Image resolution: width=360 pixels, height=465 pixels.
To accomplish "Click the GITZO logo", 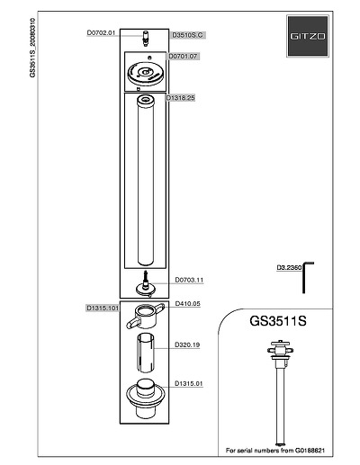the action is click(x=308, y=36).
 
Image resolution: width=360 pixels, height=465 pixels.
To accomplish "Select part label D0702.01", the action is click(x=101, y=33).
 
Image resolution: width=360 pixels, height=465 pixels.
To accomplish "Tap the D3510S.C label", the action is click(x=187, y=35).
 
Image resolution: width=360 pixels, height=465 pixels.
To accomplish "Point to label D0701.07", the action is click(x=183, y=56).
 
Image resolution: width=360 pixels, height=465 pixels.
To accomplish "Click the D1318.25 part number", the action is click(x=181, y=98).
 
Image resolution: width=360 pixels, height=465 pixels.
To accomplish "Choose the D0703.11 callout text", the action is click(x=189, y=280).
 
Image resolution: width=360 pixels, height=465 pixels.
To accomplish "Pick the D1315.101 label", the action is click(x=103, y=308).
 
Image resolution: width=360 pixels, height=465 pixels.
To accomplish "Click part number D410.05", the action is click(x=187, y=304).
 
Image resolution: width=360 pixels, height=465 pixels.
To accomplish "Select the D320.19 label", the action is click(x=187, y=344).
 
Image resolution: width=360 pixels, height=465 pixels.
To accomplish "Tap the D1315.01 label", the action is click(x=189, y=383).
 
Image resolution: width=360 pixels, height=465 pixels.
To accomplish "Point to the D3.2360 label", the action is click(x=289, y=267).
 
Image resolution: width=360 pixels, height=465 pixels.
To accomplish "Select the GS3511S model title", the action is click(x=278, y=321).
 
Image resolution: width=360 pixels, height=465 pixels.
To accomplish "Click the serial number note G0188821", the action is click(x=275, y=451).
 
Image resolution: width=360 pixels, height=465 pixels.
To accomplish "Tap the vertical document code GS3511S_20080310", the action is click(x=32, y=48).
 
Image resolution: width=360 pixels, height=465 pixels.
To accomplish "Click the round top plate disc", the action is click(x=146, y=74).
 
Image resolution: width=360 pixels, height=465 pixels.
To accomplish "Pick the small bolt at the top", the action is click(x=146, y=39).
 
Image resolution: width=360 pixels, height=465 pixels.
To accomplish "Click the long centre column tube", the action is click(x=146, y=181).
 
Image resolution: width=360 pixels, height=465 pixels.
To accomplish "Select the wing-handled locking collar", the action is click(x=146, y=317).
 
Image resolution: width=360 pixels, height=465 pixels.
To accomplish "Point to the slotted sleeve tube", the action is click(x=146, y=353).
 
